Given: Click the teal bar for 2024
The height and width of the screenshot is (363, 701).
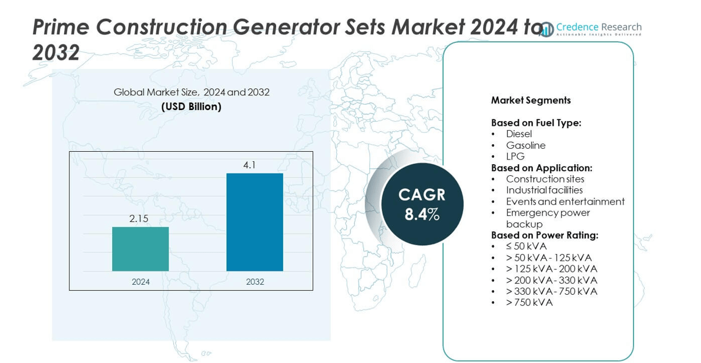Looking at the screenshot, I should [x=140, y=249].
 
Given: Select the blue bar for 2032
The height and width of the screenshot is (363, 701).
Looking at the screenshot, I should [x=254, y=222].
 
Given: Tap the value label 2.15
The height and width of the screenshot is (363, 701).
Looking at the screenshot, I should [x=139, y=219].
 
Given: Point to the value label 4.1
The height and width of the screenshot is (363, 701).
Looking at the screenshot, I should [x=249, y=165].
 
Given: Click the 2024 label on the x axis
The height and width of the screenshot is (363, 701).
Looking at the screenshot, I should [x=140, y=282].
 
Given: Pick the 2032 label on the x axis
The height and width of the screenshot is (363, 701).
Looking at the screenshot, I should [x=255, y=282].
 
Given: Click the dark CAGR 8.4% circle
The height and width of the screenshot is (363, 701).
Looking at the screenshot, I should [x=422, y=204].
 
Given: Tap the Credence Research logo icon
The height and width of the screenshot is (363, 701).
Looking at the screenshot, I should [x=546, y=29].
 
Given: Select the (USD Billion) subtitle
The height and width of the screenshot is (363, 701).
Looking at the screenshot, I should [x=192, y=106].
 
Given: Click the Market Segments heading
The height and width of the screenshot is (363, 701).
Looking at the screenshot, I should [x=531, y=100].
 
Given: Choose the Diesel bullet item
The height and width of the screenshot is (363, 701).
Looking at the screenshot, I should [x=519, y=134].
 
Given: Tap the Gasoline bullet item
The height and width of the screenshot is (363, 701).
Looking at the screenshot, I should [x=526, y=145].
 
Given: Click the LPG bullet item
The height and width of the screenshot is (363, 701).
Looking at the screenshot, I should [x=515, y=156].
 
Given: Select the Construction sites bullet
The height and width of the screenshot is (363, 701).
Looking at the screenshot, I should [x=545, y=179].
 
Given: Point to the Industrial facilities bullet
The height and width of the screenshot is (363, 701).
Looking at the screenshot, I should [x=545, y=190].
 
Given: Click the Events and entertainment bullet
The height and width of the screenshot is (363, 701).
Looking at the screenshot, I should [x=565, y=201].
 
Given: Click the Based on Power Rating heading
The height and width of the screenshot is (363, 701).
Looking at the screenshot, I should [x=545, y=235].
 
